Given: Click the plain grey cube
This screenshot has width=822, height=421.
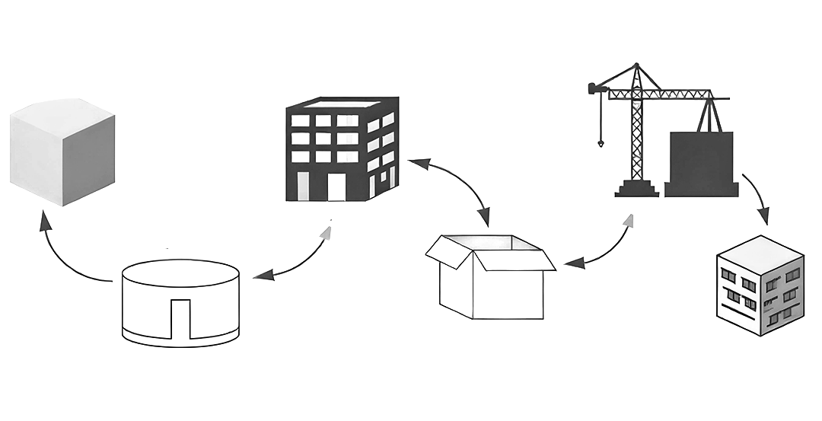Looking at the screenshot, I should point(62,152).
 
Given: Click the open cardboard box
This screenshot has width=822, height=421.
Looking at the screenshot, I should point(490,277).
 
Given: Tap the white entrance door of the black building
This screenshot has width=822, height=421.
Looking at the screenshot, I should point(336,187).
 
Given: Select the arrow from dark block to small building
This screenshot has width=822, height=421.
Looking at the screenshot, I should point(757,197).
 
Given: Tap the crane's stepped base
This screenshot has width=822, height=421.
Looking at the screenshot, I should point(636,189).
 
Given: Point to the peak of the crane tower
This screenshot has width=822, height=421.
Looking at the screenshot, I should point(637,66).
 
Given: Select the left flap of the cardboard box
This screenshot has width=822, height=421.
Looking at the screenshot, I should point(448,251).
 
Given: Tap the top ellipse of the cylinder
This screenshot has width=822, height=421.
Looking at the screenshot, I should point(181,273).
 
